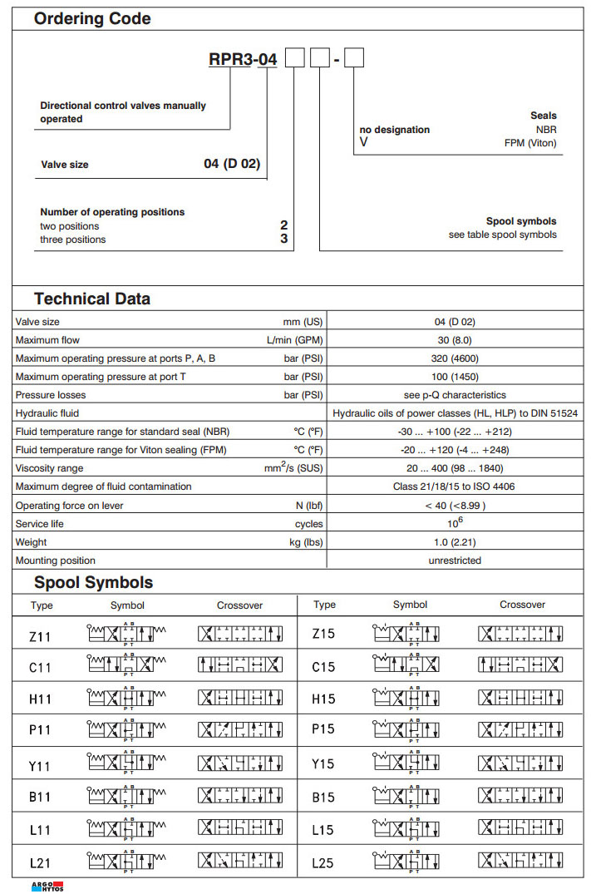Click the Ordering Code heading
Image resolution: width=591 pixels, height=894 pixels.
[92, 18]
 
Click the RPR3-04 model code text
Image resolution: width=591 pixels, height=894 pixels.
[242, 59]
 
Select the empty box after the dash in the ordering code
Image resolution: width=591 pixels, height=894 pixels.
[354, 59]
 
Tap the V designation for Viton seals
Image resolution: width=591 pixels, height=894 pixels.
[363, 143]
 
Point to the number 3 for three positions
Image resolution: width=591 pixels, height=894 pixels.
[283, 240]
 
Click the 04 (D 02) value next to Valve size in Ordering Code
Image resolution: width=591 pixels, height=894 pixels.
[232, 164]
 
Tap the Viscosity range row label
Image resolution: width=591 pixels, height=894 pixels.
[50, 468]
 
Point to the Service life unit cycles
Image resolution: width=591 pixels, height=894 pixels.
[308, 524]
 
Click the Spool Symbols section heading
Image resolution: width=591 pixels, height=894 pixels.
[93, 582]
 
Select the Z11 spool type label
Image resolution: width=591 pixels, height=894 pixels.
[40, 637]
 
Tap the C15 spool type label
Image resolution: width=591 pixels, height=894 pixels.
[323, 667]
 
